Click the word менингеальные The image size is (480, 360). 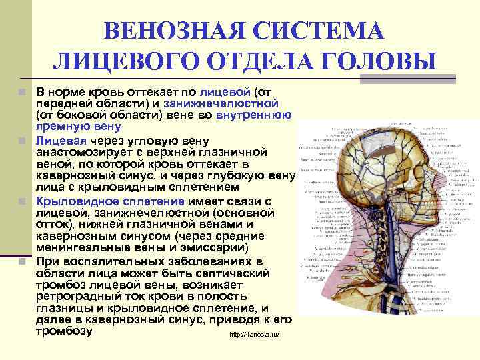[81, 248]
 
